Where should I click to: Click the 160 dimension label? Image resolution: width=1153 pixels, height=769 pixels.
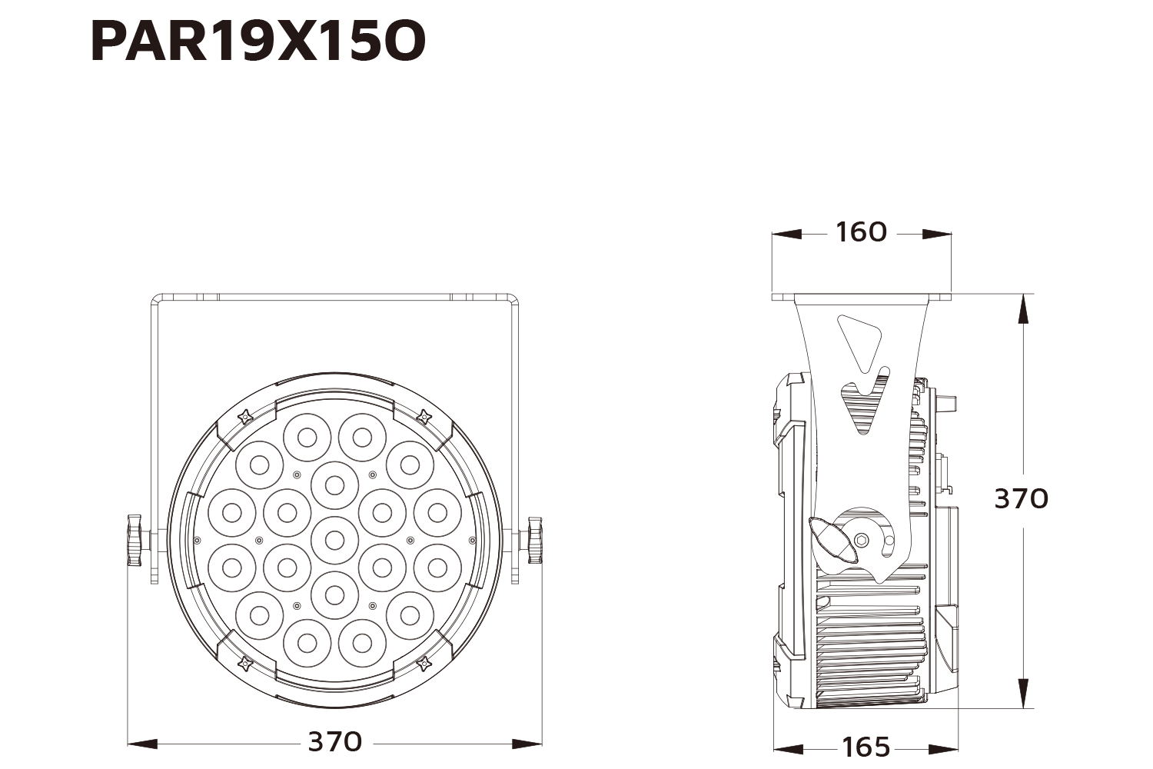861,232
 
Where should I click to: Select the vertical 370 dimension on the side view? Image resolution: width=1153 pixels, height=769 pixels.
1021,498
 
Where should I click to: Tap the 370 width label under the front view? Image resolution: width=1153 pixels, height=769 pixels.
334,741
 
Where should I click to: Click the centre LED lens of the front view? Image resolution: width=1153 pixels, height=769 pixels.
334,538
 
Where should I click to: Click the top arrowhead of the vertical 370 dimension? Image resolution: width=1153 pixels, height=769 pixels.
1023,308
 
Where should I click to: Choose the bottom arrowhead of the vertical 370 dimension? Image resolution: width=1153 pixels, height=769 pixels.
1023,692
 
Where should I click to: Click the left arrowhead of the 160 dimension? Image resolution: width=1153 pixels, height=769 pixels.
786,234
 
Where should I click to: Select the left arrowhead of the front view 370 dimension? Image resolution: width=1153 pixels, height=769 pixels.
142,744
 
